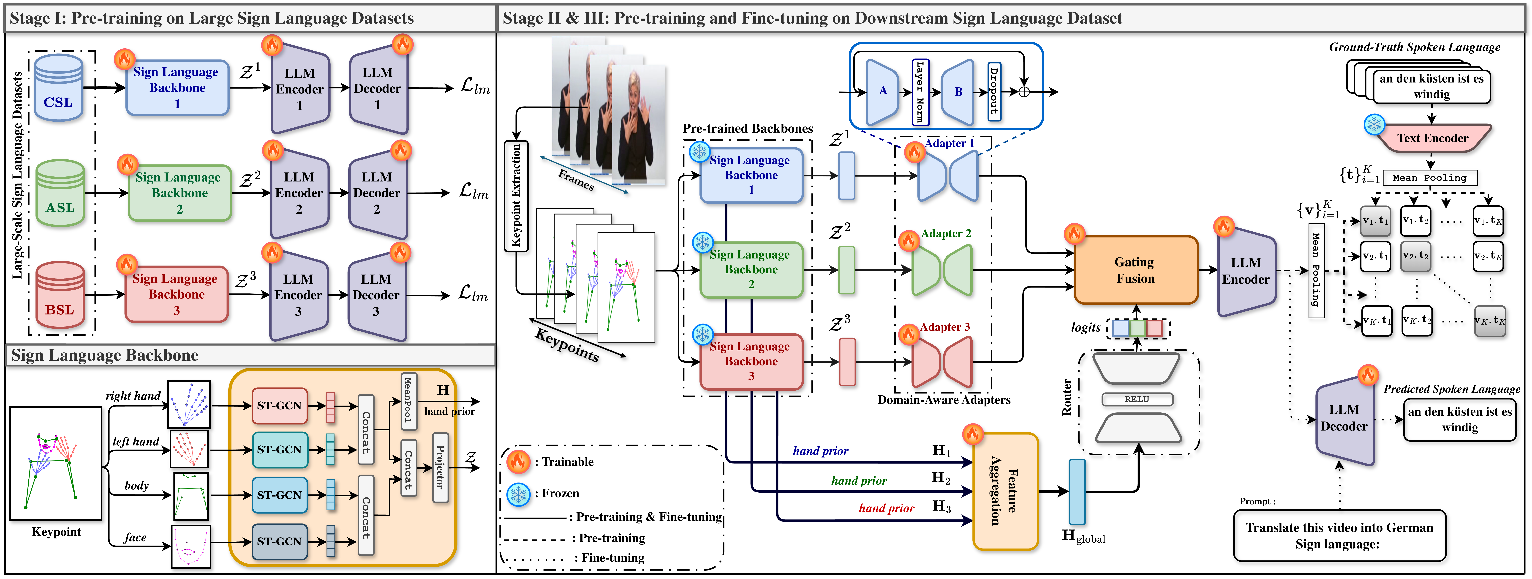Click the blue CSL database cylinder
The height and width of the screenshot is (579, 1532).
58,88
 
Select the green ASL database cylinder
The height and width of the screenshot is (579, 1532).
60,193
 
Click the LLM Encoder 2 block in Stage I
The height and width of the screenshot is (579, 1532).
299,193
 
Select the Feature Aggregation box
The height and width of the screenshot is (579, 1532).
1005,491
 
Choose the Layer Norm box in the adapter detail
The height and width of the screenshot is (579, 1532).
920,92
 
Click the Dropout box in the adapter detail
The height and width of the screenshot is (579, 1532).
994,92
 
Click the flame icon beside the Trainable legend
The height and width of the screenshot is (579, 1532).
518,461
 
